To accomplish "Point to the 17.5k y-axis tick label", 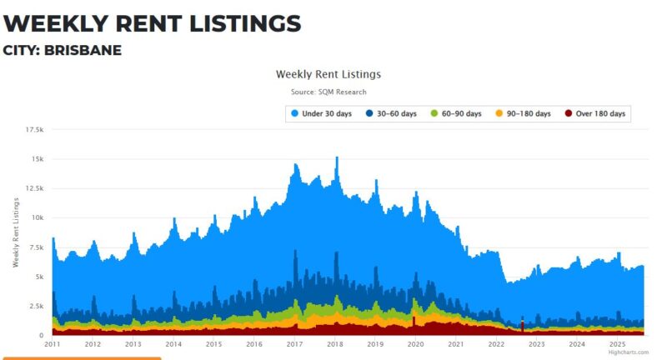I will pyautogui.click(x=35, y=129).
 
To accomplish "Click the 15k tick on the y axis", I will pyautogui.click(x=38, y=158).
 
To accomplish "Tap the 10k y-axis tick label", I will pyautogui.click(x=38, y=217).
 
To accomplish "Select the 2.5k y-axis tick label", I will pyautogui.click(x=36, y=307).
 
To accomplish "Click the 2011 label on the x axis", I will pyautogui.click(x=53, y=344).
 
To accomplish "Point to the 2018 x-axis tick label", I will pyautogui.click(x=335, y=344).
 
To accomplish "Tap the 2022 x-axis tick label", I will pyautogui.click(x=496, y=344).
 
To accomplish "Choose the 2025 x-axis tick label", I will pyautogui.click(x=617, y=344).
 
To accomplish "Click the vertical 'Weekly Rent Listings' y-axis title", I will pyautogui.click(x=15, y=232).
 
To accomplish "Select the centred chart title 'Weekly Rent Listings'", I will pyautogui.click(x=328, y=74).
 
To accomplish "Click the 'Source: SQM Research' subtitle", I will pyautogui.click(x=328, y=92).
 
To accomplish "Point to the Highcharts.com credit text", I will pyautogui.click(x=628, y=352).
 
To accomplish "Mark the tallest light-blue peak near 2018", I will pyautogui.click(x=337, y=157).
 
